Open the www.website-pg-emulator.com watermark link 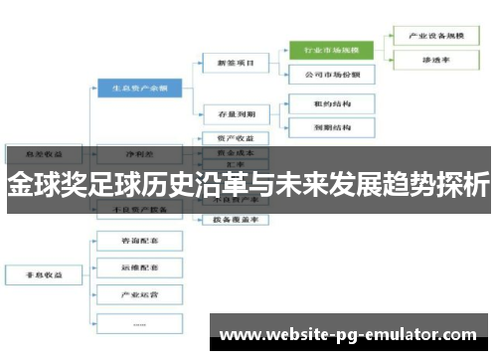pos(347,335)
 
